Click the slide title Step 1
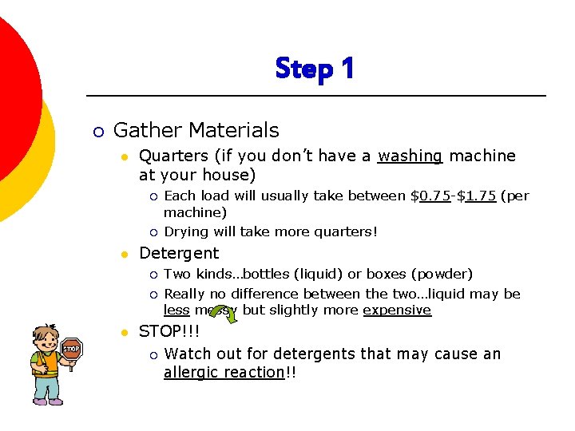[315, 69]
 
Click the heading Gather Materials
[196, 130]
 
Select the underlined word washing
[410, 156]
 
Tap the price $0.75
[435, 196]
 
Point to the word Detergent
[179, 253]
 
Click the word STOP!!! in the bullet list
[169, 331]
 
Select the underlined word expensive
[397, 310]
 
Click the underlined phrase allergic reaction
[224, 373]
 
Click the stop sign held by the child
[72, 349]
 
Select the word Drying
[185, 232]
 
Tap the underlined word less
[176, 310]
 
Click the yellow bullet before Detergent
[124, 255]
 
